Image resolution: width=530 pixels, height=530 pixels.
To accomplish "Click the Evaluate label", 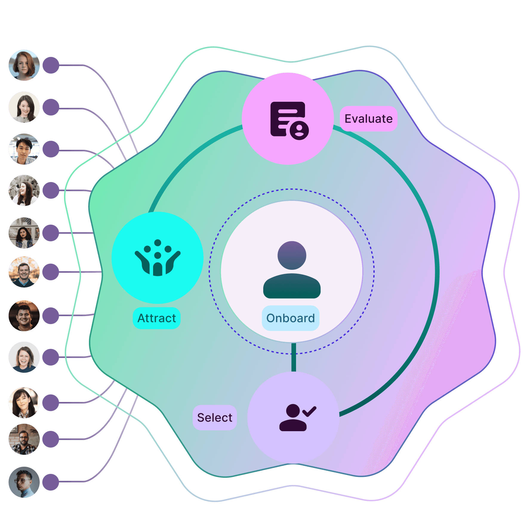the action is (369, 119).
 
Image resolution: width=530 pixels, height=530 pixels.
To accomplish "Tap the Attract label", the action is (157, 318).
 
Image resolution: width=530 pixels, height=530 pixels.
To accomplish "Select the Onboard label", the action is (291, 318).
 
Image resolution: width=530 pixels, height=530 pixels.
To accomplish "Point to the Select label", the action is (215, 417).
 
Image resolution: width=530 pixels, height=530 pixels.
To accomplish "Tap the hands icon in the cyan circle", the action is (158, 258).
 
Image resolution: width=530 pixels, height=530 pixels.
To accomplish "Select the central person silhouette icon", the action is (292, 269).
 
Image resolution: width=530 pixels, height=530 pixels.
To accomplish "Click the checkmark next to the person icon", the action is (309, 411).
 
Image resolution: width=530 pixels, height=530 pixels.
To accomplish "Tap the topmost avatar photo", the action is (24, 65).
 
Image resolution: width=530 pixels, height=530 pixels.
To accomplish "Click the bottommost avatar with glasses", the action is (24, 482).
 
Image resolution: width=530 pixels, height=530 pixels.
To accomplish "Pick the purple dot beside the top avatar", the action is (51, 65).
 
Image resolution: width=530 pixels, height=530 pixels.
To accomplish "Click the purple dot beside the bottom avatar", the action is (51, 482).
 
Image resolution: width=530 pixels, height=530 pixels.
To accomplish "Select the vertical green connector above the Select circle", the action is (294, 358).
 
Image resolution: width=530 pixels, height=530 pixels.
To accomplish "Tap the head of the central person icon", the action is (292, 255).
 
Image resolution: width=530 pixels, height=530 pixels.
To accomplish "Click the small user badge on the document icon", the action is (299, 130).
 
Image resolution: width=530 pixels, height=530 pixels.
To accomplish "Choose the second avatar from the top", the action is (24, 107).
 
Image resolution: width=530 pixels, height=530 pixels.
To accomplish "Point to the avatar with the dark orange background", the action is (24, 316).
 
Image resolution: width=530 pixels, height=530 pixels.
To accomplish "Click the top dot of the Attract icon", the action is (158, 243).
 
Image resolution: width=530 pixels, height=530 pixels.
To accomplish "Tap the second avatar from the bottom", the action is (24, 439).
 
